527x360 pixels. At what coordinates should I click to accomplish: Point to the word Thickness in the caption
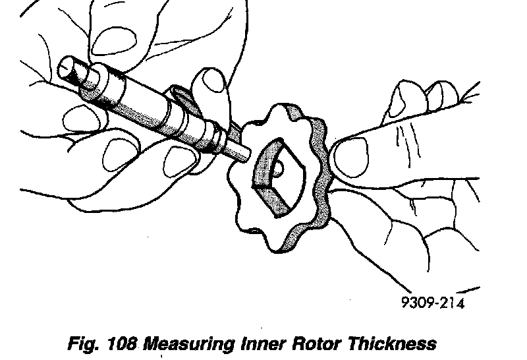[x=398, y=344]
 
